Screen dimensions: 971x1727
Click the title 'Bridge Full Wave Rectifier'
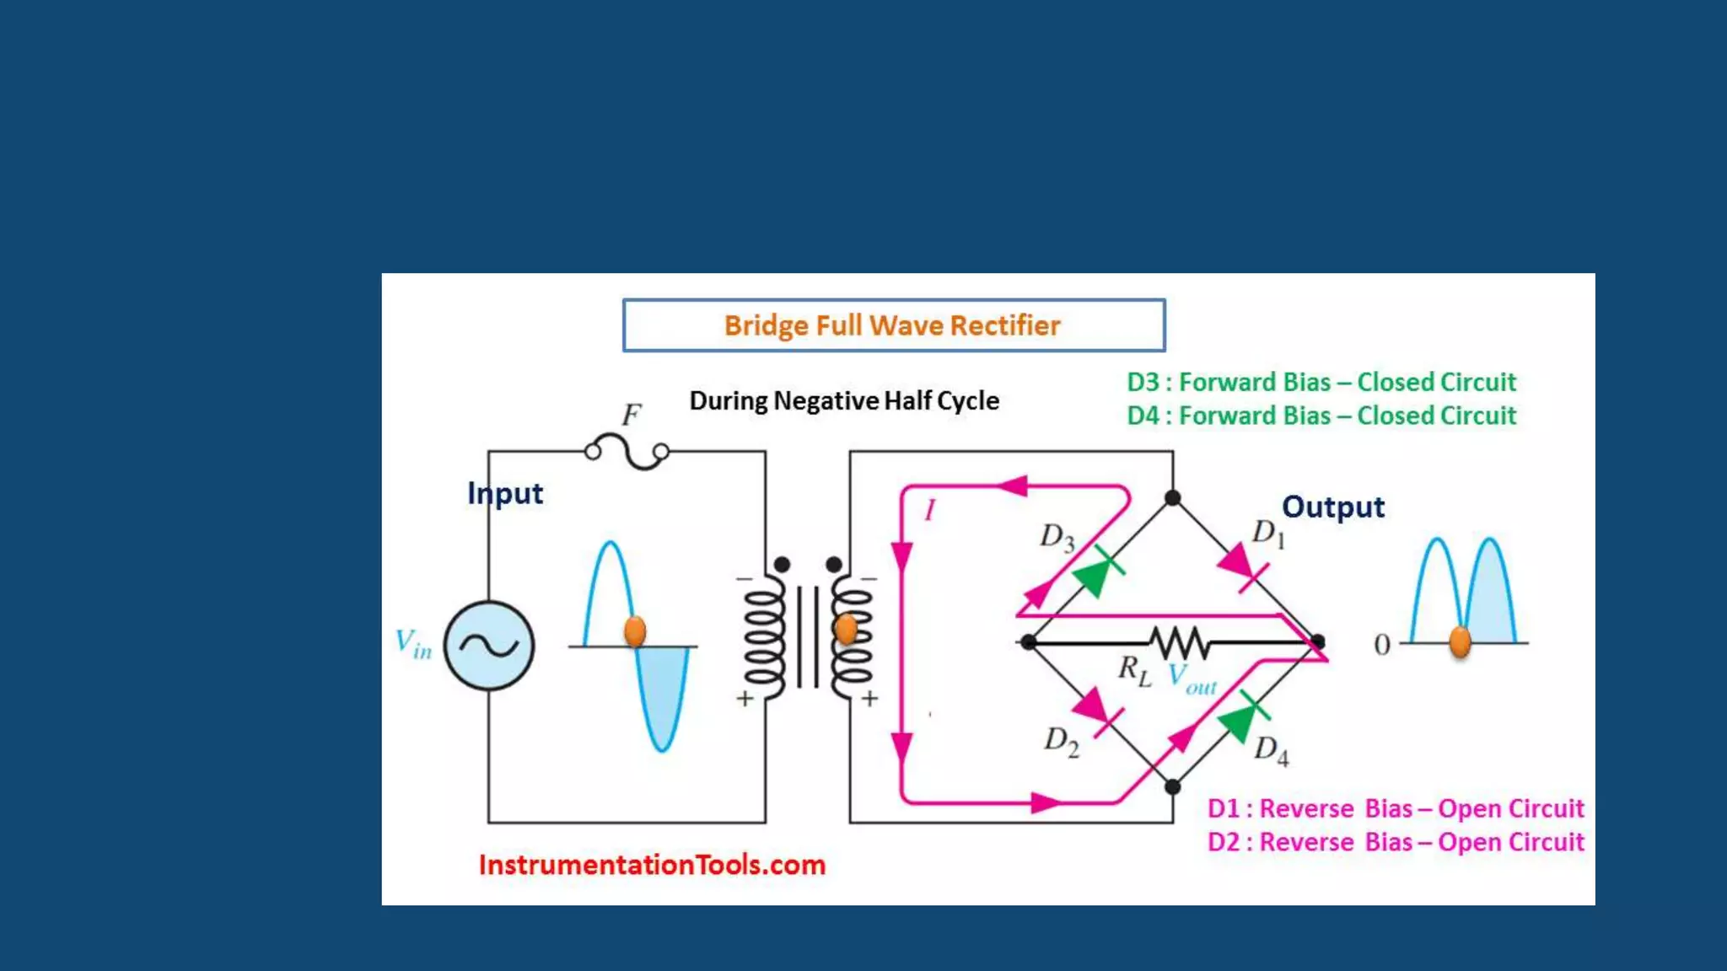pyautogui.click(x=892, y=325)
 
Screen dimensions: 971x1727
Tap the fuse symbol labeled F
pyautogui.click(x=627, y=451)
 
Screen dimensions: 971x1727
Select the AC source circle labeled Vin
pyautogui.click(x=489, y=646)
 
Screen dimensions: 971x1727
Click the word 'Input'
pyautogui.click(x=505, y=493)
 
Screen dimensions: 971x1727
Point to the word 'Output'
pyautogui.click(x=1332, y=507)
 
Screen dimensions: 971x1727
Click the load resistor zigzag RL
pyautogui.click(x=1180, y=642)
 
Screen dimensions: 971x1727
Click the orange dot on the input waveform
pyautogui.click(x=635, y=630)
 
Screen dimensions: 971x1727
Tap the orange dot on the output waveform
pyautogui.click(x=1460, y=641)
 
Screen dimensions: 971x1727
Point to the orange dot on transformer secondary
pyautogui.click(x=846, y=628)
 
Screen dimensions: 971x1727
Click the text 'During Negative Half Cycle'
pyautogui.click(x=844, y=400)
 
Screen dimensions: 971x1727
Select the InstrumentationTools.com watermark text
pyautogui.click(x=652, y=865)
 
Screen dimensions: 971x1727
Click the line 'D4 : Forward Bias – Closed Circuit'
pyautogui.click(x=1321, y=416)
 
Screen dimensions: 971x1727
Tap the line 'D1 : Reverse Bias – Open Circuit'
pyautogui.click(x=1395, y=808)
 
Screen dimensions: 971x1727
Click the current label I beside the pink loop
pyautogui.click(x=929, y=510)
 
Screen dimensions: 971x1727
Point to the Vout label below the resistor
pyautogui.click(x=1191, y=679)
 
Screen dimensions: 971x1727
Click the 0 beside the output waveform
pyautogui.click(x=1381, y=645)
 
